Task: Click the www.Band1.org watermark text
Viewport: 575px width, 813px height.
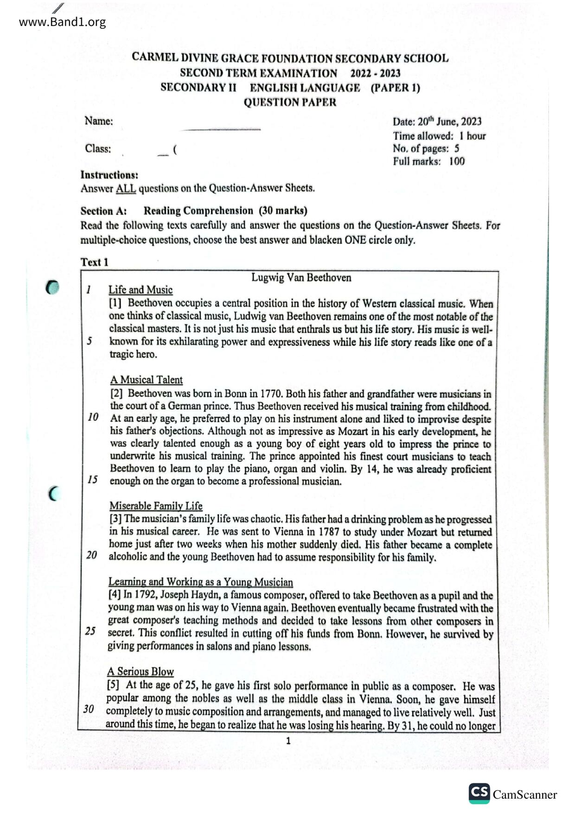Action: pos(62,22)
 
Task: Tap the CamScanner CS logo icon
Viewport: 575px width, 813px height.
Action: pos(479,793)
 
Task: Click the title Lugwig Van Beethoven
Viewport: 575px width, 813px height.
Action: pos(301,278)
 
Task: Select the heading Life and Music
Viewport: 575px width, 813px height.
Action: pos(141,290)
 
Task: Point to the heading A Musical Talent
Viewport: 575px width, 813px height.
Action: pos(146,380)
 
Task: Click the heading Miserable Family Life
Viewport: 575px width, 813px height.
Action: pos(156,506)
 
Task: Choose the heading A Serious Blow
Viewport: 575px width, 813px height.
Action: pos(141,672)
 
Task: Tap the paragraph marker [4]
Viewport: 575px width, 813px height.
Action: pos(115,595)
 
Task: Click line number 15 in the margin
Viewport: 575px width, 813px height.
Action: pos(93,480)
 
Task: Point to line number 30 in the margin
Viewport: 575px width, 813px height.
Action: pos(89,709)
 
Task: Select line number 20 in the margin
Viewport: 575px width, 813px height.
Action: pos(92,555)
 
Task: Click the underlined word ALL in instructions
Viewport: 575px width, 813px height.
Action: pos(126,189)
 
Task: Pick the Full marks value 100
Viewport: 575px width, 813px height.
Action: pos(457,162)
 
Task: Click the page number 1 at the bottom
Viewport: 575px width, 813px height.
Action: pos(288,741)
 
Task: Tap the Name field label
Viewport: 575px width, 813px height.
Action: pos(98,121)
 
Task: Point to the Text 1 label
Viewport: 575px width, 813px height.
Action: pos(95,262)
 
